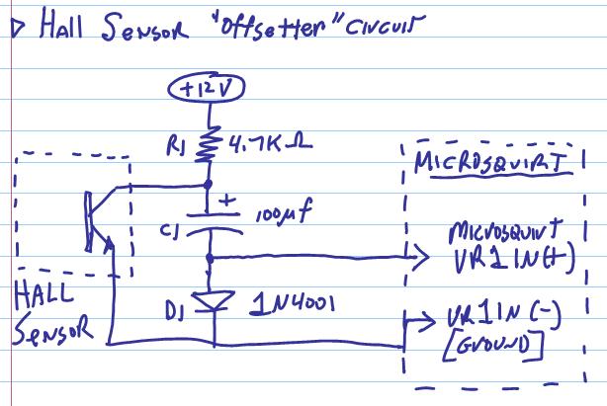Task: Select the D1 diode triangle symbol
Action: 210,299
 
